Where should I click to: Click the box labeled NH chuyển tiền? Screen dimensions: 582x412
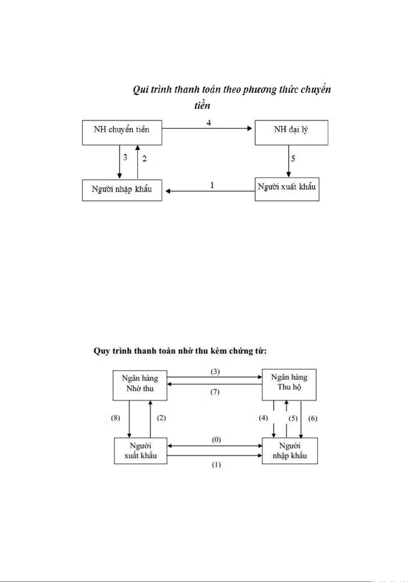pyautogui.click(x=122, y=133)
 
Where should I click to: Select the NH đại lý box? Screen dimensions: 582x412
pyautogui.click(x=291, y=133)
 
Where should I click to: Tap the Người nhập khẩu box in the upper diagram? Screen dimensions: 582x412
pyautogui.click(x=122, y=190)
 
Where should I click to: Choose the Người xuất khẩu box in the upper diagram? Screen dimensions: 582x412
pyautogui.click(x=287, y=189)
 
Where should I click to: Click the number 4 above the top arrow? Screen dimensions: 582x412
pyautogui.click(x=208, y=123)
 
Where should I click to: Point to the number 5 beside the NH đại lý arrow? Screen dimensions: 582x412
pyautogui.click(x=293, y=159)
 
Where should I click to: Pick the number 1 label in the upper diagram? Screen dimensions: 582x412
pyautogui.click(x=212, y=185)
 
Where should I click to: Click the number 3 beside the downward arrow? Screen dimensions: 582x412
pyautogui.click(x=125, y=158)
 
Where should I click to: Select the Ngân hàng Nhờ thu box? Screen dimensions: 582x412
pyautogui.click(x=140, y=385)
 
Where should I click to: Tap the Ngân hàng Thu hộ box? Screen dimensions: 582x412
pyautogui.click(x=289, y=384)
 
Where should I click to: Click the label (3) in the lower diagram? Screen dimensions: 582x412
pyautogui.click(x=215, y=372)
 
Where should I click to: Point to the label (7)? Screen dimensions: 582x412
pyautogui.click(x=215, y=392)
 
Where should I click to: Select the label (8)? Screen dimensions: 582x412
pyautogui.click(x=115, y=418)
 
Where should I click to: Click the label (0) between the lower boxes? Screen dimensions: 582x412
pyautogui.click(x=216, y=440)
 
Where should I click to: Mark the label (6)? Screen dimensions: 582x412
pyautogui.click(x=313, y=418)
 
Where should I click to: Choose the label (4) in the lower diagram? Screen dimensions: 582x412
pyautogui.click(x=263, y=418)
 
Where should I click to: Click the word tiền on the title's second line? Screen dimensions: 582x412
pyautogui.click(x=202, y=105)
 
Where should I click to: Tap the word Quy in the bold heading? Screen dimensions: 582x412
pyautogui.click(x=101, y=351)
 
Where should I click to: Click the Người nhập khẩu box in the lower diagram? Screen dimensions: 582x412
pyautogui.click(x=290, y=451)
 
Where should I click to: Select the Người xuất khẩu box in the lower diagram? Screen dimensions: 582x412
pyautogui.click(x=140, y=451)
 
